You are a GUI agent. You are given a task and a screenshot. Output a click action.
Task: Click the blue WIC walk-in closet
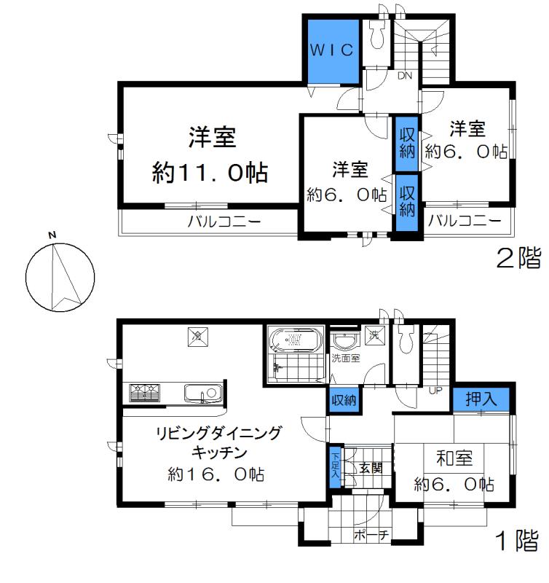(332, 50)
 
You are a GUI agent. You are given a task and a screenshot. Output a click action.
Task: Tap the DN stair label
(406, 74)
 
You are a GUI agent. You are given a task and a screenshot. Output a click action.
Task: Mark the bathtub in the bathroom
(296, 340)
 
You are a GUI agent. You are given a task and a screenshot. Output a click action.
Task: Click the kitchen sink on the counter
(202, 394)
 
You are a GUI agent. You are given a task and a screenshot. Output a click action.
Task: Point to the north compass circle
(60, 276)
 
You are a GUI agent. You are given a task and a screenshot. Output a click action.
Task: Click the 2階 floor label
(518, 257)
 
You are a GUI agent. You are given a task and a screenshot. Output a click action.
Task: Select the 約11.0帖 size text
(210, 173)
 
